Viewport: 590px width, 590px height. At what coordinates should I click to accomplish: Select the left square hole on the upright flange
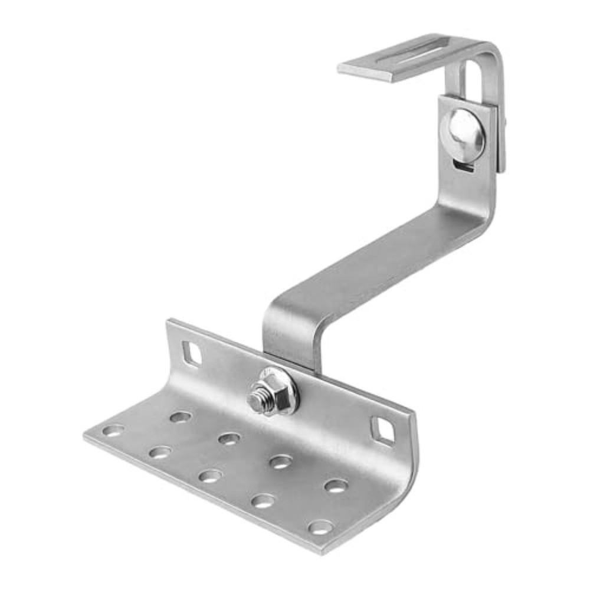coord(192,353)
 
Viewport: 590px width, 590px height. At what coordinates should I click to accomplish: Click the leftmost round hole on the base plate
coord(113,430)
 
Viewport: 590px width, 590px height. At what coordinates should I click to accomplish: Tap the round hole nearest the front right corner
coord(320,527)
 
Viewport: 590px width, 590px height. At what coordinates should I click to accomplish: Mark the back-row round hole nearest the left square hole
coord(180,417)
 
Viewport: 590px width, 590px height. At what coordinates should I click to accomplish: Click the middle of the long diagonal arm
coord(378,265)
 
